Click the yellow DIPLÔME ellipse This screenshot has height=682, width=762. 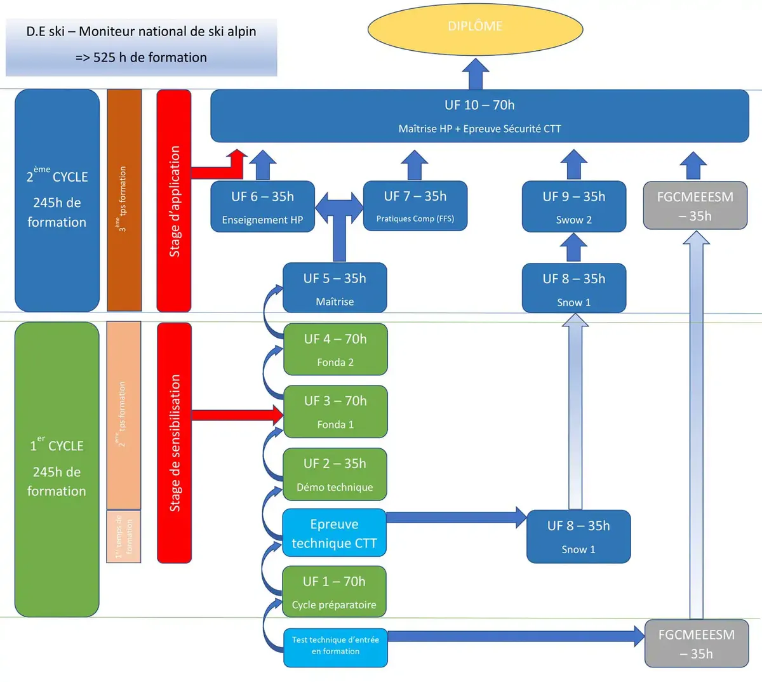pos(475,28)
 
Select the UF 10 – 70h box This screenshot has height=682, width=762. pos(479,116)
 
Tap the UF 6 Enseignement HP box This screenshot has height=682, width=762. pos(262,207)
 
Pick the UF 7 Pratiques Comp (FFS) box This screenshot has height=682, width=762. pos(415,206)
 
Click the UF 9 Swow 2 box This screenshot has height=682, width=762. pos(574,207)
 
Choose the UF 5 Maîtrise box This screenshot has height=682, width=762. pos(335,288)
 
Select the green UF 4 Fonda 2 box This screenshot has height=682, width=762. pos(335,349)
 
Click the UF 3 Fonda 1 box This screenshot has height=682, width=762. pos(335,411)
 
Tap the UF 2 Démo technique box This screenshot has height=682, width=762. pos(335,474)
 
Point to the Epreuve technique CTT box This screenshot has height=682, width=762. pos(334,533)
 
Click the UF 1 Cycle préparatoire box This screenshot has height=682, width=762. pos(334,592)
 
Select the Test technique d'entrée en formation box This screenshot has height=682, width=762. pos(335,646)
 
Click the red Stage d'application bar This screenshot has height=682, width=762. pos(174,201)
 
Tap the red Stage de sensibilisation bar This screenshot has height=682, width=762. pos(174,443)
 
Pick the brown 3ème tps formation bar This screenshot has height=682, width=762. pos(124,200)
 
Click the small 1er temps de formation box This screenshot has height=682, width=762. pos(123,537)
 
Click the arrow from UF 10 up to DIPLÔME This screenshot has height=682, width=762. pos(475,74)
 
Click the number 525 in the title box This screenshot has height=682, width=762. pos(104,58)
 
